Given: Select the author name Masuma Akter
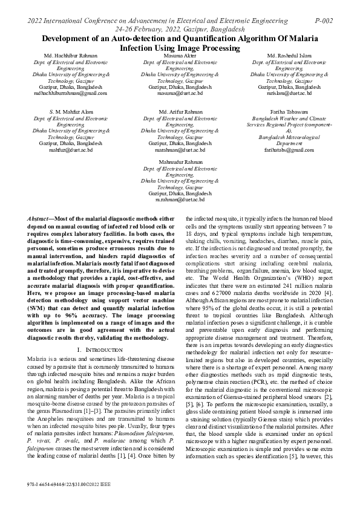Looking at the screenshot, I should pyautogui.click(x=180, y=56).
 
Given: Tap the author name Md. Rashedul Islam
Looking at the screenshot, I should pyautogui.click(x=284, y=56).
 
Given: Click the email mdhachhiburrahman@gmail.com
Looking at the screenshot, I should pyautogui.click(x=70, y=94).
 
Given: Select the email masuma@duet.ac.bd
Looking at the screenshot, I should pyautogui.click(x=180, y=94).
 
